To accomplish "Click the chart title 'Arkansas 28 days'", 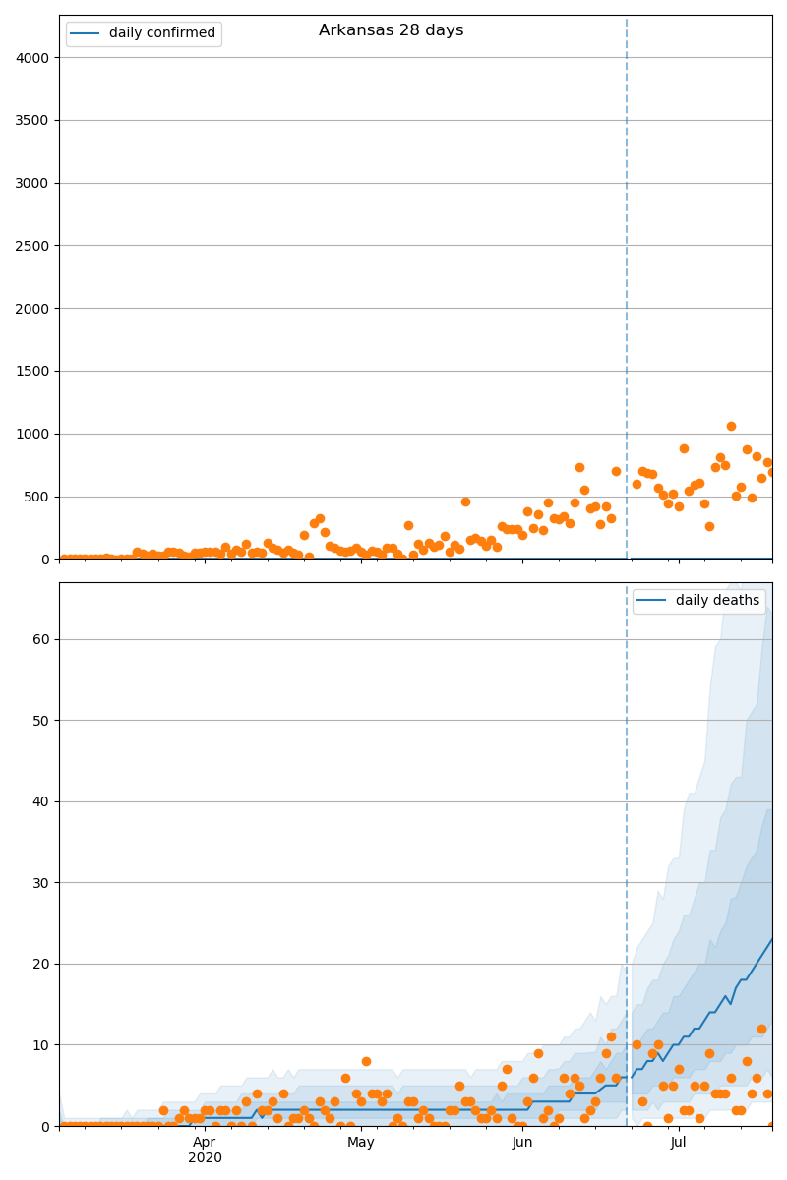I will coord(391,30).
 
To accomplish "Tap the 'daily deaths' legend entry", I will coord(717,601).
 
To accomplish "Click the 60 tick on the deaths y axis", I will coord(40,639).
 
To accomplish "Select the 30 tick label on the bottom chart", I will coord(40,883).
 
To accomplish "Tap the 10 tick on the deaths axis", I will coord(40,1045).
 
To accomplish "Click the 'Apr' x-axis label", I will coord(204,1143).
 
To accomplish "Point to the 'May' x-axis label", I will coord(361,1143).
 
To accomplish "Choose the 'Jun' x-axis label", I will coord(522,1143).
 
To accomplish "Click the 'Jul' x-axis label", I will coord(678,1143).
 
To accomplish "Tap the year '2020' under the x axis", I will coord(205,1158).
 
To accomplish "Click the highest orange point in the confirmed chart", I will coord(731,426).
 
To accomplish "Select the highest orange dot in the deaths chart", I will coord(761,1029).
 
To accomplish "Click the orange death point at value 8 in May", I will coord(366,1061).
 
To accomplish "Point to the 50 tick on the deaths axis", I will coord(40,721).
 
